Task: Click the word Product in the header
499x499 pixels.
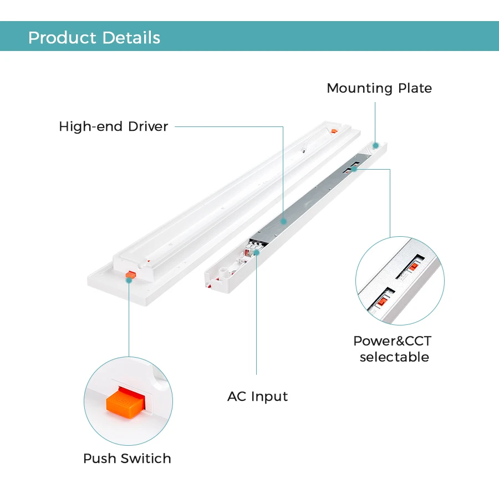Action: [62, 38]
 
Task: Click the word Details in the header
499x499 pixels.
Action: [131, 38]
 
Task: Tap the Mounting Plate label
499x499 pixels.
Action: [379, 88]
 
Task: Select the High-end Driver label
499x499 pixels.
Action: [113, 126]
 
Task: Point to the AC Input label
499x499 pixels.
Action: [257, 396]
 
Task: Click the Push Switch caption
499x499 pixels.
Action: [127, 459]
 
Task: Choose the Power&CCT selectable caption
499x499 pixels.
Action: [393, 349]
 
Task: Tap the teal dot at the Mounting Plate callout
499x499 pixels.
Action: [375, 145]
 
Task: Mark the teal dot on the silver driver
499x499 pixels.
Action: [283, 221]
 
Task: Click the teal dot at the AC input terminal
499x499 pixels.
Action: [257, 253]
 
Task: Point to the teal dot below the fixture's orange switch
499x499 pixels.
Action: [129, 281]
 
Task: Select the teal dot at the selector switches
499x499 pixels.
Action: [353, 169]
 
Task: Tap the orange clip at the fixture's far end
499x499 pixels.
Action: [333, 131]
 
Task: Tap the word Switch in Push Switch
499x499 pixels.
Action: [146, 459]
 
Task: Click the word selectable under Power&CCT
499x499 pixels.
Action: [394, 357]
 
